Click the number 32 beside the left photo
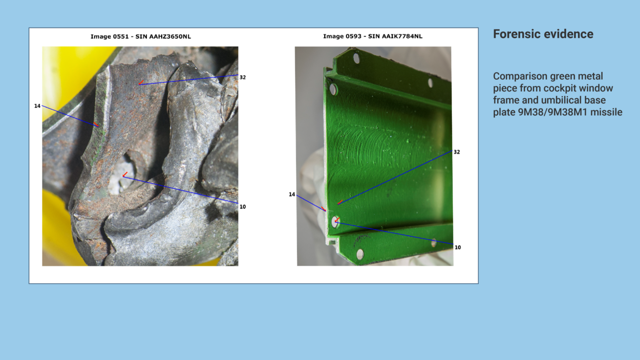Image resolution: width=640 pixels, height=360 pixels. [243, 77]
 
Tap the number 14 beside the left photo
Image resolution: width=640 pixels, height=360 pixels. [37, 106]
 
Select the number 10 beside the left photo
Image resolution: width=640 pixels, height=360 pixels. [243, 207]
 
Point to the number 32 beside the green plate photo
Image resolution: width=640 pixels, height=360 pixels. [457, 152]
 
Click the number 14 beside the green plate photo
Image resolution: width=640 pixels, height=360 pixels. [292, 195]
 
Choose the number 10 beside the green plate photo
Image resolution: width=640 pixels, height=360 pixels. [458, 247]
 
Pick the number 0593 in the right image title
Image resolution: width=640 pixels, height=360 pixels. [354, 36]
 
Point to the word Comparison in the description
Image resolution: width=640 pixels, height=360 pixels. [520, 77]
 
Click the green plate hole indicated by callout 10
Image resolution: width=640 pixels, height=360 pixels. [335, 222]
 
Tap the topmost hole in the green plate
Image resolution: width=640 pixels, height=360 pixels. [356, 58]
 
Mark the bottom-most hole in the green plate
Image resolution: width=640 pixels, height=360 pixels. [360, 254]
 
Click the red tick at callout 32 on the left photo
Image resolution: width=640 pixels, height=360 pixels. [141, 82]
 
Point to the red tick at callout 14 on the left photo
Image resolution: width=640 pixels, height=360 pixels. [96, 124]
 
